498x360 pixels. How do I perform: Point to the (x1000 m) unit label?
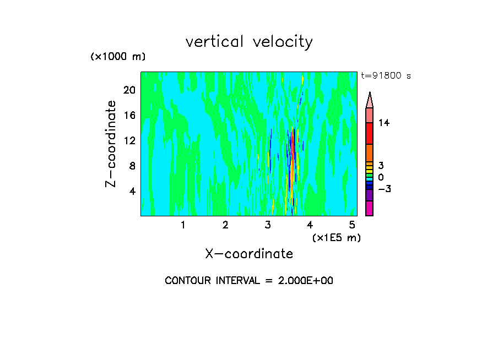click(x=117, y=57)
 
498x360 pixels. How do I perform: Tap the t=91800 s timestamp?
click(x=386, y=76)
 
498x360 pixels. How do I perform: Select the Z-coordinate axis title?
click(x=111, y=144)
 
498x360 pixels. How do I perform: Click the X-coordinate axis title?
click(x=249, y=254)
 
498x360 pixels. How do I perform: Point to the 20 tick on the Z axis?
click(x=129, y=90)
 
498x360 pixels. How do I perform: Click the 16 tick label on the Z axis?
click(x=129, y=116)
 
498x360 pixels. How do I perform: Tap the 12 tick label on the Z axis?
click(x=129, y=140)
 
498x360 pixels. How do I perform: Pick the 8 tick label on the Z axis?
click(x=132, y=166)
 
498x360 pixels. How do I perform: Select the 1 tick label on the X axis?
click(x=183, y=225)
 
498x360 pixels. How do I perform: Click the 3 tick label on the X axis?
click(x=268, y=225)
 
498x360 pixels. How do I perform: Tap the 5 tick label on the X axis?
click(x=352, y=225)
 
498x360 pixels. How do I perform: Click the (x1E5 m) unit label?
click(x=336, y=238)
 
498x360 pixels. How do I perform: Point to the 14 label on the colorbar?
click(x=384, y=123)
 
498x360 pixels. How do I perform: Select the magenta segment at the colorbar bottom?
click(x=369, y=208)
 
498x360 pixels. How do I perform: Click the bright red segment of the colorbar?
click(x=369, y=133)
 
